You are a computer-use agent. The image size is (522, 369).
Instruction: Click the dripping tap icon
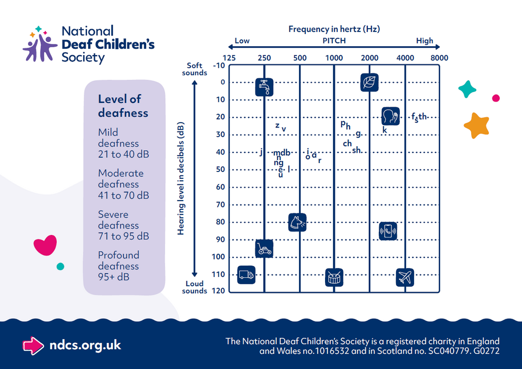[264, 87]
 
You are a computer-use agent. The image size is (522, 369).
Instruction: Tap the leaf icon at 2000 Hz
[369, 82]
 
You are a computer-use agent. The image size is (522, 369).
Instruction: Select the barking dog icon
[297, 222]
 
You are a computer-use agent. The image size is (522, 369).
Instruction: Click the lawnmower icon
[264, 249]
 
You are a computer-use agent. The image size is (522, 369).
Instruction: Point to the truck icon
[246, 274]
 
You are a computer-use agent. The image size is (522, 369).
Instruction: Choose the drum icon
[334, 277]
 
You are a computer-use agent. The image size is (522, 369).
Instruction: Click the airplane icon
[405, 277]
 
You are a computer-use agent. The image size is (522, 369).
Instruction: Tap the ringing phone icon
[388, 231]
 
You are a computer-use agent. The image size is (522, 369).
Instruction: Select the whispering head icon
[391, 116]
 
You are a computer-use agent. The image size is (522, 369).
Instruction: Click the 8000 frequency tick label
[439, 58]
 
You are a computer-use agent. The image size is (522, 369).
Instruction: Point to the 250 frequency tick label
[264, 58]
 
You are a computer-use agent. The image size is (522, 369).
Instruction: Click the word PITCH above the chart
[334, 41]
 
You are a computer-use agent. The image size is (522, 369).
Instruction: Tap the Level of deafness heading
[123, 106]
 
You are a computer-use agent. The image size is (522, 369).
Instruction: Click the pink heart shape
[45, 245]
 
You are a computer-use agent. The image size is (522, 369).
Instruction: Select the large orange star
[477, 125]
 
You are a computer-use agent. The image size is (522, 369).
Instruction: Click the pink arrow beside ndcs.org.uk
[33, 345]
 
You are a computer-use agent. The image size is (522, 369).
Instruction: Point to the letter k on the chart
[385, 130]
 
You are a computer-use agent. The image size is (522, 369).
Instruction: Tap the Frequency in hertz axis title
[334, 29]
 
